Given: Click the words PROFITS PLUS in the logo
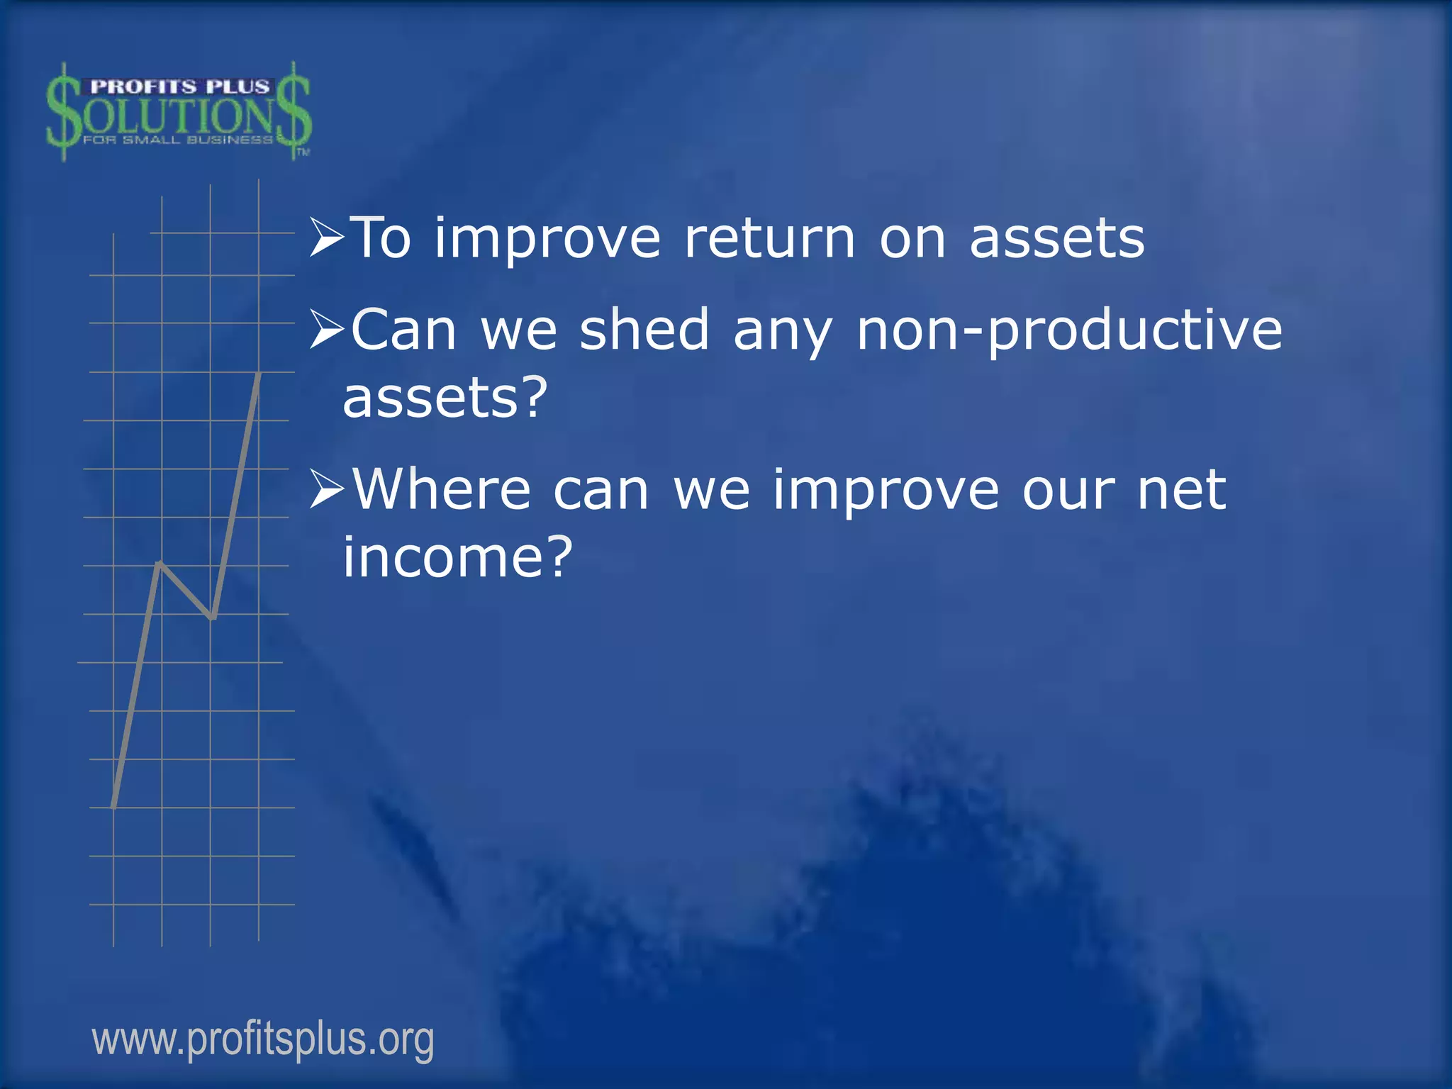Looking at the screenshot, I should click(180, 86).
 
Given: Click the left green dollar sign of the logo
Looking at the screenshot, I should click(63, 112).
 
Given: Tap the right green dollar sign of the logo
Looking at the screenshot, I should click(293, 112).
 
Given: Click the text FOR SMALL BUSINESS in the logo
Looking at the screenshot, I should click(177, 140).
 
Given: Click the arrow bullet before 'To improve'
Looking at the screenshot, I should click(327, 238).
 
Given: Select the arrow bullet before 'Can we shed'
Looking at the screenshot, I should click(327, 330).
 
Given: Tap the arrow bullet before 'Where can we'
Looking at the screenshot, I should click(327, 490).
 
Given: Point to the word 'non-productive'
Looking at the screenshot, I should click(1069, 330).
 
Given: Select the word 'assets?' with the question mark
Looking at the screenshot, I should click(445, 397).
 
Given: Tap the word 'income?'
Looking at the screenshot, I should click(457, 557).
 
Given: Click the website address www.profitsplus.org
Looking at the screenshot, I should click(263, 1040).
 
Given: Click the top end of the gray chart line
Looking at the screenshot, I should click(259, 374).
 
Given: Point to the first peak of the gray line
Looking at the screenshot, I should click(160, 564).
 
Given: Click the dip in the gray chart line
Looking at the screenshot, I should click(212, 617).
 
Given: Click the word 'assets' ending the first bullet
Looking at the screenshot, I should click(1056, 238).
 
